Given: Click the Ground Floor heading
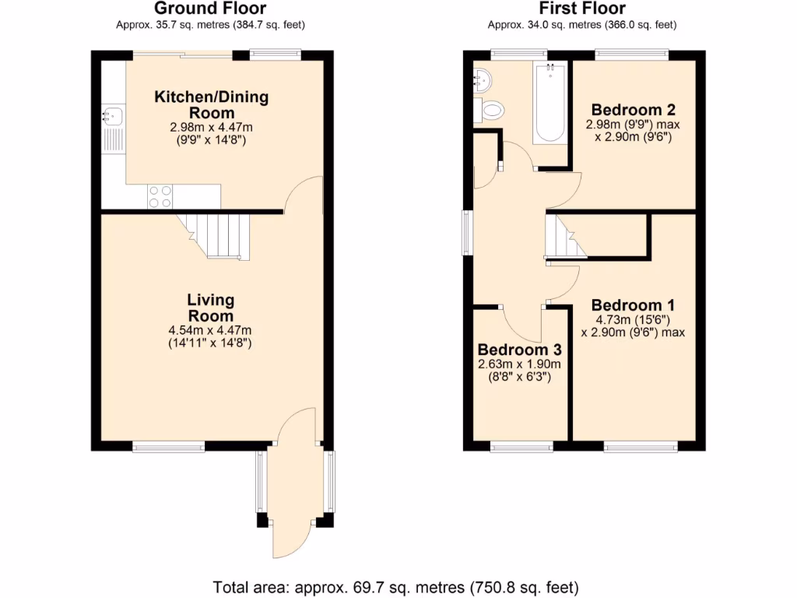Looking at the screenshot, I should [x=210, y=9].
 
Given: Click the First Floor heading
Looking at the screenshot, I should [x=582, y=9].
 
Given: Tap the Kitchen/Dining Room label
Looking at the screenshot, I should [x=211, y=105].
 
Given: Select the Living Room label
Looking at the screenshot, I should [x=211, y=308].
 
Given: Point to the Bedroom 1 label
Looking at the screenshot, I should [x=633, y=305].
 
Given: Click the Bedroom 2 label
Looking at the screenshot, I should [x=633, y=109].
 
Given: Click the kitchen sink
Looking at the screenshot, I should [x=113, y=118].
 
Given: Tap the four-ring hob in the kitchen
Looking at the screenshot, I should [x=160, y=196].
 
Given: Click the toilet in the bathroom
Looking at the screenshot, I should [x=491, y=110].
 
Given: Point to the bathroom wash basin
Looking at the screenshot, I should [x=482, y=79].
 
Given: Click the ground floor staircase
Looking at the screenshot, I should [x=219, y=235].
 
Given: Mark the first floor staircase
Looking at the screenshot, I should [x=565, y=236].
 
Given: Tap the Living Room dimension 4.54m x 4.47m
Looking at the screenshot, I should [x=211, y=330].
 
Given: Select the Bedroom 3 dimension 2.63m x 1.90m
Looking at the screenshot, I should [x=519, y=364].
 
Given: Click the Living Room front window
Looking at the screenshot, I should [x=168, y=447].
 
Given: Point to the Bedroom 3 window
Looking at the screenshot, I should [x=521, y=447].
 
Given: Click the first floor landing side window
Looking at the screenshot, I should [x=467, y=231].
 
